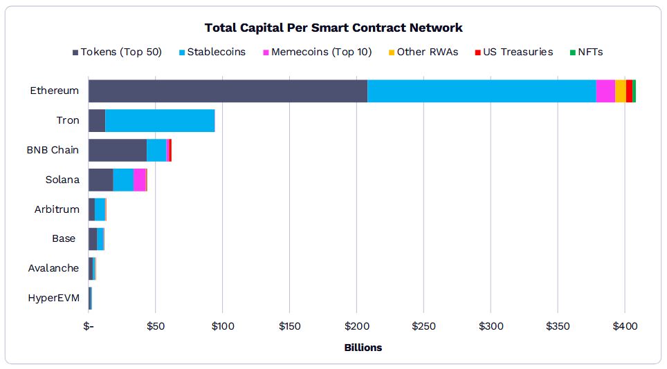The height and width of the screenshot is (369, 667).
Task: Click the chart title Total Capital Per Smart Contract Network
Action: click(333, 28)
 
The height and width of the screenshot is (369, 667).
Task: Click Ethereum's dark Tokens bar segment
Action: click(228, 91)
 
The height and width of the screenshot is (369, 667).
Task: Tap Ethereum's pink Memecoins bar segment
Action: click(605, 91)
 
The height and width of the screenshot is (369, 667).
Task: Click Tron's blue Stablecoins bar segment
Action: click(160, 120)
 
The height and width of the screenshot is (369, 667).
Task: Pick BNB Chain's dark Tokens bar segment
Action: click(118, 150)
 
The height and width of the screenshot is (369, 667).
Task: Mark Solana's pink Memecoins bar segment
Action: click(139, 180)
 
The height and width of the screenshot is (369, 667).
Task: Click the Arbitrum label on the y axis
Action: click(57, 209)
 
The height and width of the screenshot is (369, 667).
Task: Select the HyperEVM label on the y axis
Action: click(53, 298)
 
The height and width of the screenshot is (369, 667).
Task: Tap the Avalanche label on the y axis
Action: click(53, 268)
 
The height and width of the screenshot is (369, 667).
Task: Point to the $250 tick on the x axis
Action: click(423, 325)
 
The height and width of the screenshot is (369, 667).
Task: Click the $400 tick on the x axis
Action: click(625, 325)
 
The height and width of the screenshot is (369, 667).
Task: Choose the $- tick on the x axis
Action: click(89, 325)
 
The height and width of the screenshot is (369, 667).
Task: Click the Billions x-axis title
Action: click(363, 348)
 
